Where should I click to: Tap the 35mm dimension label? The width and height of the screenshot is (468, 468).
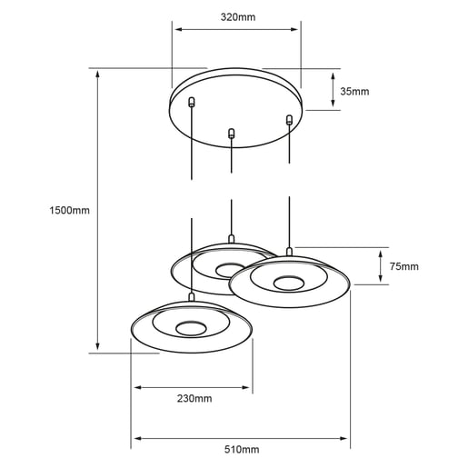354,92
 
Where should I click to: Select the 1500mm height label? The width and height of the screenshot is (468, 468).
71,210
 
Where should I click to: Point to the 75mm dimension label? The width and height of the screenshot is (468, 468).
403,266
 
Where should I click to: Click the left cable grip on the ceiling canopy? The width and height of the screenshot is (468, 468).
191,103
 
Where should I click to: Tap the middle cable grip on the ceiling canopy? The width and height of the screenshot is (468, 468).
232,134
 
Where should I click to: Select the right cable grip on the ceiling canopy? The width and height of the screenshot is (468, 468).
290,119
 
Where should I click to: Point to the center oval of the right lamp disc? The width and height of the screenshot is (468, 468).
289,282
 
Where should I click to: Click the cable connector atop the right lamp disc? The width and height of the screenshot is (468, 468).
290,250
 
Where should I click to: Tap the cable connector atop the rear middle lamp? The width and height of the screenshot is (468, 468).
232,239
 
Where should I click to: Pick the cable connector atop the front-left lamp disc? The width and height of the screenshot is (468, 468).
191,295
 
